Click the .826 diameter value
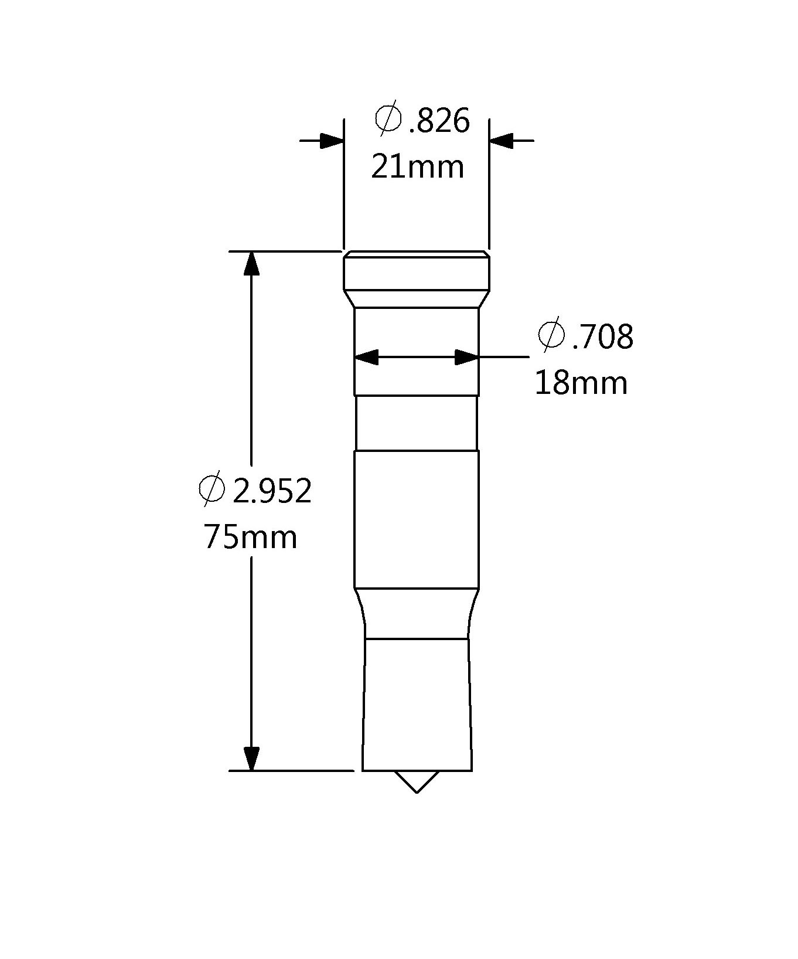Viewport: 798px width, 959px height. (439, 121)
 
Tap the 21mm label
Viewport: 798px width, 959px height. (418, 166)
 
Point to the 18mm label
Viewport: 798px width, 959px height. (581, 383)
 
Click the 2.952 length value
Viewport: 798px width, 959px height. (272, 491)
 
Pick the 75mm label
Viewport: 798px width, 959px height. (251, 537)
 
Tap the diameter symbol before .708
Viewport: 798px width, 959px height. (551, 336)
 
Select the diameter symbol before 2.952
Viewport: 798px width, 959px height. (212, 488)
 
